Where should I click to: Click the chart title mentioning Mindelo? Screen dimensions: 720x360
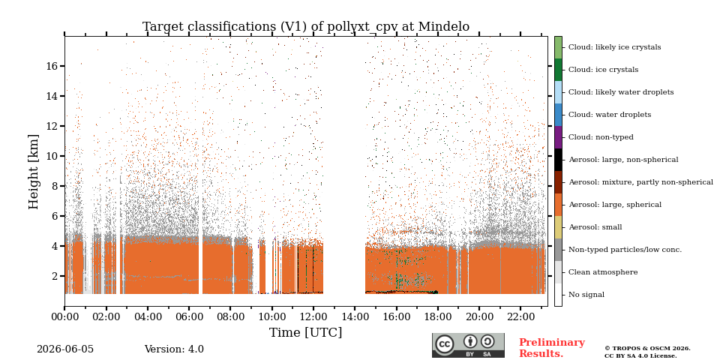pyautogui.click(x=306, y=27)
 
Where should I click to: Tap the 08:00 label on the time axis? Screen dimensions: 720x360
pyautogui.click(x=230, y=317)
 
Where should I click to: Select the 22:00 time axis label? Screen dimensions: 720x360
pyautogui.click(x=520, y=317)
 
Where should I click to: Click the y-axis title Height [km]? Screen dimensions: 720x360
pyautogui.click(x=34, y=172)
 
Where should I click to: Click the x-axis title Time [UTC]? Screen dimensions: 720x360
pyautogui.click(x=305, y=332)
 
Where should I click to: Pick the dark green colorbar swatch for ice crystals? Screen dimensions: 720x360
pyautogui.click(x=558, y=70)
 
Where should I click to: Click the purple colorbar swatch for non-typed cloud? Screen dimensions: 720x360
pyautogui.click(x=558, y=137)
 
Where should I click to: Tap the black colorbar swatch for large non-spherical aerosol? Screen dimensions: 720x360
pyautogui.click(x=558, y=160)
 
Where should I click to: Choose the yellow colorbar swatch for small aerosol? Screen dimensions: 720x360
pyautogui.click(x=558, y=227)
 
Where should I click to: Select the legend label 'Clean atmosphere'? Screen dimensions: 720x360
pyautogui.click(x=603, y=272)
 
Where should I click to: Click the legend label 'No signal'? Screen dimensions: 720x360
pyautogui.click(x=586, y=295)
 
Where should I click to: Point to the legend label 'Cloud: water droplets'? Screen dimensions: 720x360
pyautogui.click(x=610, y=115)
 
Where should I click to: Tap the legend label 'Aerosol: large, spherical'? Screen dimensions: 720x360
pyautogui.click(x=615, y=205)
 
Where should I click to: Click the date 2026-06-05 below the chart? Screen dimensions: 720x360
pyautogui.click(x=65, y=349)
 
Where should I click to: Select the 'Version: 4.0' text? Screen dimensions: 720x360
pyautogui.click(x=174, y=349)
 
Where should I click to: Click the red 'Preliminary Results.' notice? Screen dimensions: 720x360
pyautogui.click(x=552, y=347)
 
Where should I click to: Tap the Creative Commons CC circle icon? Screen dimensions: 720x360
pyautogui.click(x=444, y=344)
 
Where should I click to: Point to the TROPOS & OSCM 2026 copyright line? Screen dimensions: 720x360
pyautogui.click(x=647, y=349)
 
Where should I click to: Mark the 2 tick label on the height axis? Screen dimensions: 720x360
pyautogui.click(x=54, y=277)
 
